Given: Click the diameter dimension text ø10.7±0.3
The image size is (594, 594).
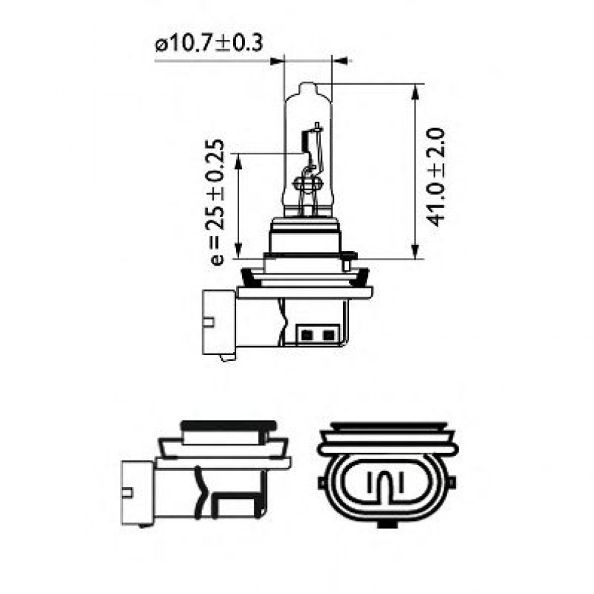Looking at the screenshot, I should [x=209, y=44].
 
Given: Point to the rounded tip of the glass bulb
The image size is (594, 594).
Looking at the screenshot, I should [x=308, y=88].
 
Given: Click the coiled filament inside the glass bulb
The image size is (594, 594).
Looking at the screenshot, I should [x=308, y=180].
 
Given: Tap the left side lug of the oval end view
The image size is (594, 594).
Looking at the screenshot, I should [x=322, y=483].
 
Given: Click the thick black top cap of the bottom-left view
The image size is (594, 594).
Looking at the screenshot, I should [x=228, y=426].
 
